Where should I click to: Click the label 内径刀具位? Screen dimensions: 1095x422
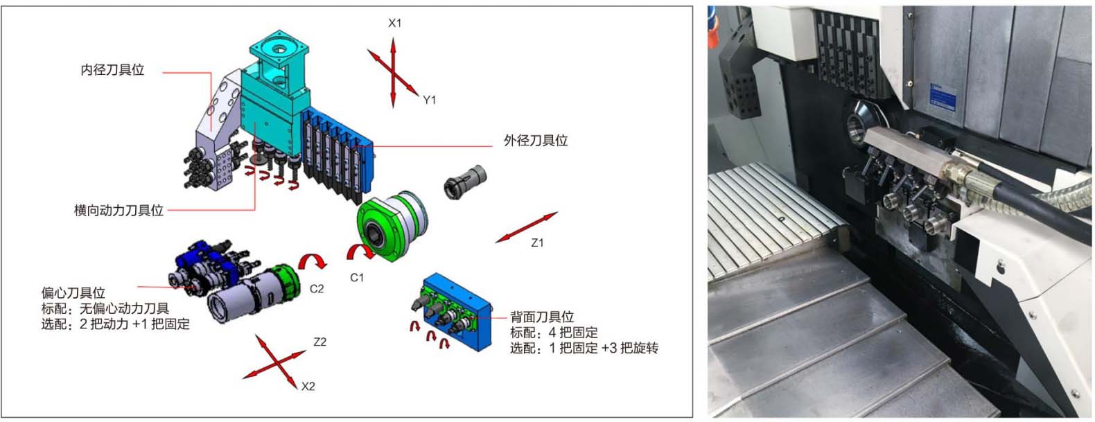point(112,70)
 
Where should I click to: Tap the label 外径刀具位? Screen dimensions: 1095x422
point(536,141)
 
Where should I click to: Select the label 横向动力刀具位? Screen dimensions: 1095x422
point(119,211)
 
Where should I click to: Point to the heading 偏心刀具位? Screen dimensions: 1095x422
point(73,293)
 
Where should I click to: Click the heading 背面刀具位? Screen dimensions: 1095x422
point(542,317)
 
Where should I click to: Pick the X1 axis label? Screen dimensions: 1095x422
point(394,23)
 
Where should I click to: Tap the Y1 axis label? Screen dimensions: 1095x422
point(429,100)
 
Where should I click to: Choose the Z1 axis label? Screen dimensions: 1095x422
point(537,243)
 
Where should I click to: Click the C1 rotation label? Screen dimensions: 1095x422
point(357,278)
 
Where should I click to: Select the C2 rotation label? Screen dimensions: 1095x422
point(317,289)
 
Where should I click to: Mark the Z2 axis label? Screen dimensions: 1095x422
point(319,342)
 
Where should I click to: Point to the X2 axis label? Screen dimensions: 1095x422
point(308,386)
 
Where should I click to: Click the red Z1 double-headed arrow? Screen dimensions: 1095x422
point(527,227)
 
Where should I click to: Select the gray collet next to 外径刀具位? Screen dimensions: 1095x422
point(465,182)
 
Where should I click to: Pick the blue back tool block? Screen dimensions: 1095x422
point(457,313)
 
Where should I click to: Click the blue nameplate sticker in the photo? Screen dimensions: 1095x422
point(942,96)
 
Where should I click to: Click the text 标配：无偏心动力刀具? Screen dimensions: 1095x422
point(105,308)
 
